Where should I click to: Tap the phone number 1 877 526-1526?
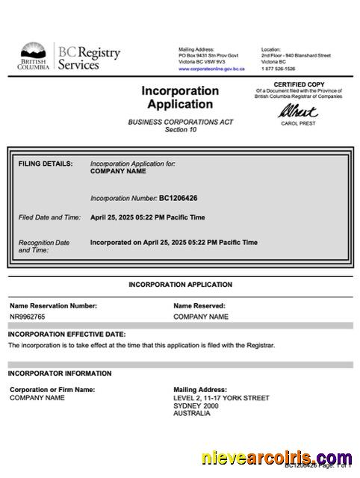pos(278,69)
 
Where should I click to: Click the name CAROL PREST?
pos(298,123)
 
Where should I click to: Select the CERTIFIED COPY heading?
pos(298,84)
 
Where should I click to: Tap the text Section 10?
pos(181,129)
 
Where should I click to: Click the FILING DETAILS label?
pos(46,163)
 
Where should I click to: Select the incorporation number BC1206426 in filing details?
pos(179,199)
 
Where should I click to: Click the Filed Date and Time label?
pos(49,217)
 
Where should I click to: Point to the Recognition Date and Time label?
pos(44,246)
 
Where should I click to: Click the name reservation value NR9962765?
pos(28,317)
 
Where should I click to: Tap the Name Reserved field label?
pos(199,305)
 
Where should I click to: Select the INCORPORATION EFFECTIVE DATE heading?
pos(66,334)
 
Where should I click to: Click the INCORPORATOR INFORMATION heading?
pos(60,373)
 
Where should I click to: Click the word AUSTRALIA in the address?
pos(193,414)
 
